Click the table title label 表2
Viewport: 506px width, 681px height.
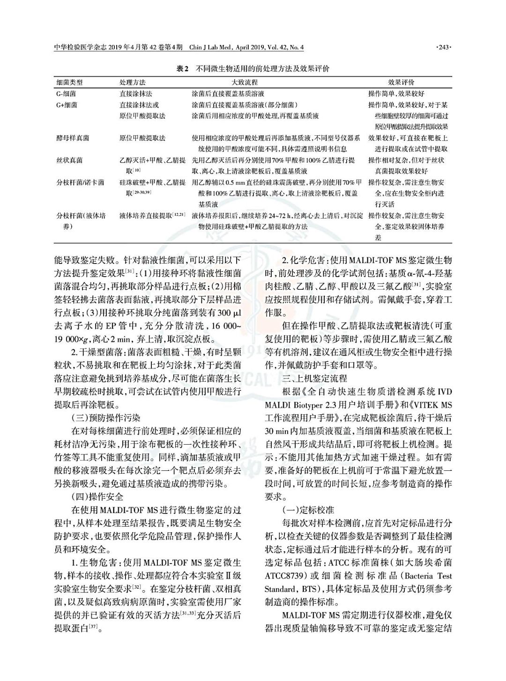pos(182,69)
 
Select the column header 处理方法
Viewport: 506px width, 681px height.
pos(133,82)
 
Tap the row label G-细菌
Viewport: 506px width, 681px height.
pos(67,94)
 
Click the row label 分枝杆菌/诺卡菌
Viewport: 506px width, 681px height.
pos(80,182)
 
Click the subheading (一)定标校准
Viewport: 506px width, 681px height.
pos(308,509)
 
